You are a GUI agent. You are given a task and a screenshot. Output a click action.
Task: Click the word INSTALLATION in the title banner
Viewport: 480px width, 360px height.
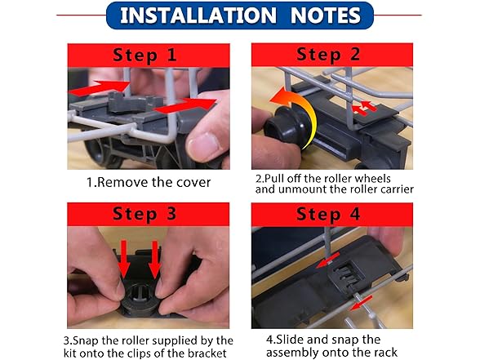[198, 16]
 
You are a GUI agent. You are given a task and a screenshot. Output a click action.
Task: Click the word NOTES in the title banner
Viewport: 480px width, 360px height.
[326, 16]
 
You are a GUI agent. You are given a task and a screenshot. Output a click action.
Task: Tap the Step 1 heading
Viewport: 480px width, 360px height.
[144, 56]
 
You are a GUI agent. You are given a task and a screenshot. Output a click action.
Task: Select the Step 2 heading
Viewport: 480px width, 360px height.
[328, 55]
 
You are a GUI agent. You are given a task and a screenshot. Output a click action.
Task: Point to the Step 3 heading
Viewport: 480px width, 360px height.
[144, 214]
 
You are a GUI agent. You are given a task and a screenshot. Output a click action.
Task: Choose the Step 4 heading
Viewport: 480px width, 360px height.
[328, 214]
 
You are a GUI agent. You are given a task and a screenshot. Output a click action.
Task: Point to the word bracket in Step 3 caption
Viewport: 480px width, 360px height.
[207, 353]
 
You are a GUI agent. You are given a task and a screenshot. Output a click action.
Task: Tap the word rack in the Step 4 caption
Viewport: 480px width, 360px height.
[385, 352]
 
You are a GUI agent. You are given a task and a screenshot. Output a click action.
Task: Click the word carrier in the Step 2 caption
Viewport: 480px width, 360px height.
[397, 189]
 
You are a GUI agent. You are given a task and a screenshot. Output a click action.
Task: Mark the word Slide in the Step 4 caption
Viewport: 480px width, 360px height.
[290, 340]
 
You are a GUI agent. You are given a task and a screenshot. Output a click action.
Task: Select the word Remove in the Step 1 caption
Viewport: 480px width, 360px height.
[122, 183]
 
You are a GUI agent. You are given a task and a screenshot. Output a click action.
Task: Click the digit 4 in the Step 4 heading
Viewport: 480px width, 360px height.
[355, 214]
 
